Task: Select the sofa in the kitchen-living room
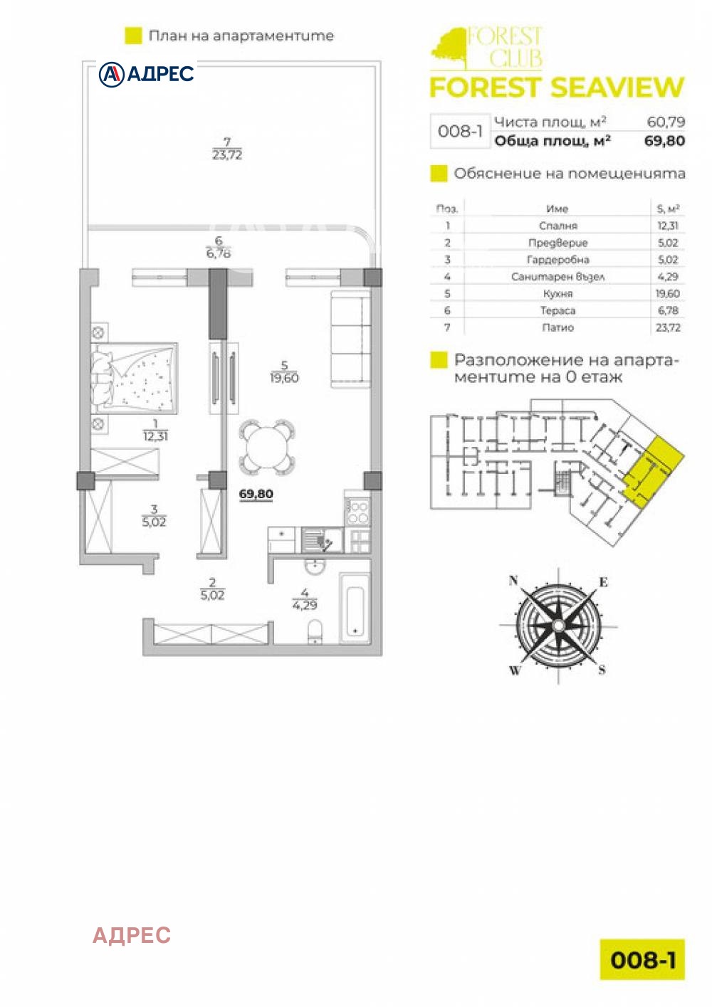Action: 350,339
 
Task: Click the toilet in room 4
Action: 314,630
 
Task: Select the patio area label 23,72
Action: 227,154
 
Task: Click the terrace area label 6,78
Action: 219,253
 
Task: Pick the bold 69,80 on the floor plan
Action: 256,494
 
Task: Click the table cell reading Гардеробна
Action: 557,260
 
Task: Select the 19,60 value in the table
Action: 668,293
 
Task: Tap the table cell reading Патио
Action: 557,327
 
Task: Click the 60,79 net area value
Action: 666,122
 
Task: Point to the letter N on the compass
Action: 513,581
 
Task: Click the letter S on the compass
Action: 602,670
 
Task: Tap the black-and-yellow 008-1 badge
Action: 642,959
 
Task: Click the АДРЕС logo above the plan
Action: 147,74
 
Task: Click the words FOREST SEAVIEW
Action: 556,88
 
